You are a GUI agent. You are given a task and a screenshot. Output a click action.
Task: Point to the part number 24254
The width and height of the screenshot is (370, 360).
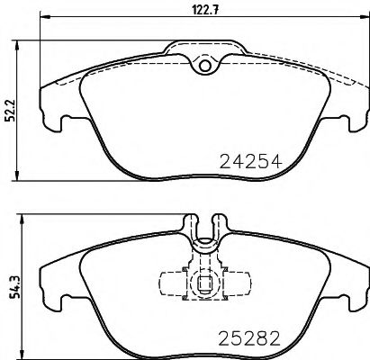pyautogui.click(x=251, y=162)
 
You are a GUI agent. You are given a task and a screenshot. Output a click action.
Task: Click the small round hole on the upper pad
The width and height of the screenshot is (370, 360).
pyautogui.click(x=204, y=65)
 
